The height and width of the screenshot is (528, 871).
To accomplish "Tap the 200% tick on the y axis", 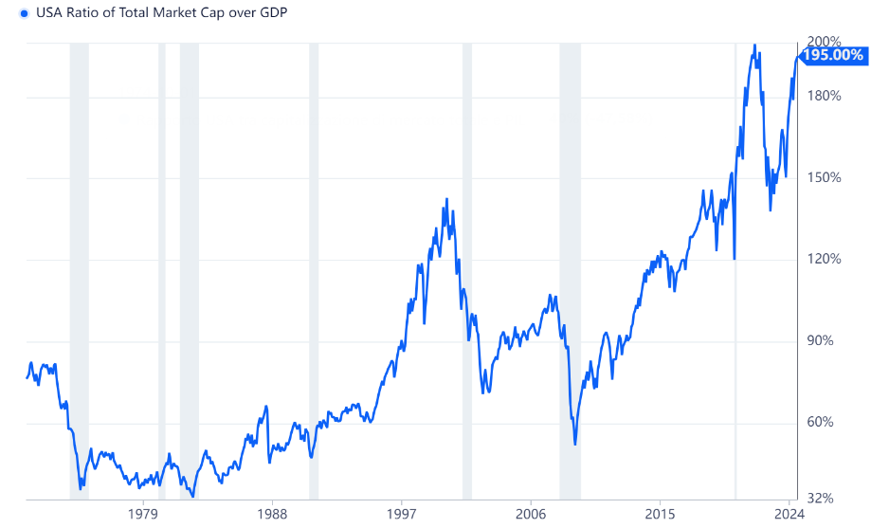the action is point(824,41).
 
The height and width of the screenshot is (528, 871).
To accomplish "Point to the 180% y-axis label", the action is point(824,96).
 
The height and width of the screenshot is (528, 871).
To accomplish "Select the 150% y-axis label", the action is point(824,177).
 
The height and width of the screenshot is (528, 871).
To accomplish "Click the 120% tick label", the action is point(824,259).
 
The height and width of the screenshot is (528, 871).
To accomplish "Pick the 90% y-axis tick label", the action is point(820,340).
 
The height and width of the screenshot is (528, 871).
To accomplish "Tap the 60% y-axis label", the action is point(820,422).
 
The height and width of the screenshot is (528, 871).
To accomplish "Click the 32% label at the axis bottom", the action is point(820,499).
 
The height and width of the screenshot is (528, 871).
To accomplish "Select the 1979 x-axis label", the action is point(143,514).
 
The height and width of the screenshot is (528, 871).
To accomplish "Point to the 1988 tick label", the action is point(272,514).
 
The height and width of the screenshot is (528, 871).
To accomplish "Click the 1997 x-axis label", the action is point(402,514).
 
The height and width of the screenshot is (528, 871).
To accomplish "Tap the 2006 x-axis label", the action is point(531,514).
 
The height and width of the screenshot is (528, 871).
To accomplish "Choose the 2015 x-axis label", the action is point(660,514).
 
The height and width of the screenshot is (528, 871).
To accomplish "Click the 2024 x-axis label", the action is point(789,514).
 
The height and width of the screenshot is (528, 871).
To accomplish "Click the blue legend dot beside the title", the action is point(24,13).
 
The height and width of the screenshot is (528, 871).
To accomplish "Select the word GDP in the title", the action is point(273,12).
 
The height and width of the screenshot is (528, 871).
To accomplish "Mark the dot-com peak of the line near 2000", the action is point(446,199).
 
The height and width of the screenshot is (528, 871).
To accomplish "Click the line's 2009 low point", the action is point(575,444).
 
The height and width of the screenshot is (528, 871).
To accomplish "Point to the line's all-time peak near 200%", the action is point(753,45).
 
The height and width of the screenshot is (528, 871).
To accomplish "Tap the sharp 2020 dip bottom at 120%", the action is point(735,259).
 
